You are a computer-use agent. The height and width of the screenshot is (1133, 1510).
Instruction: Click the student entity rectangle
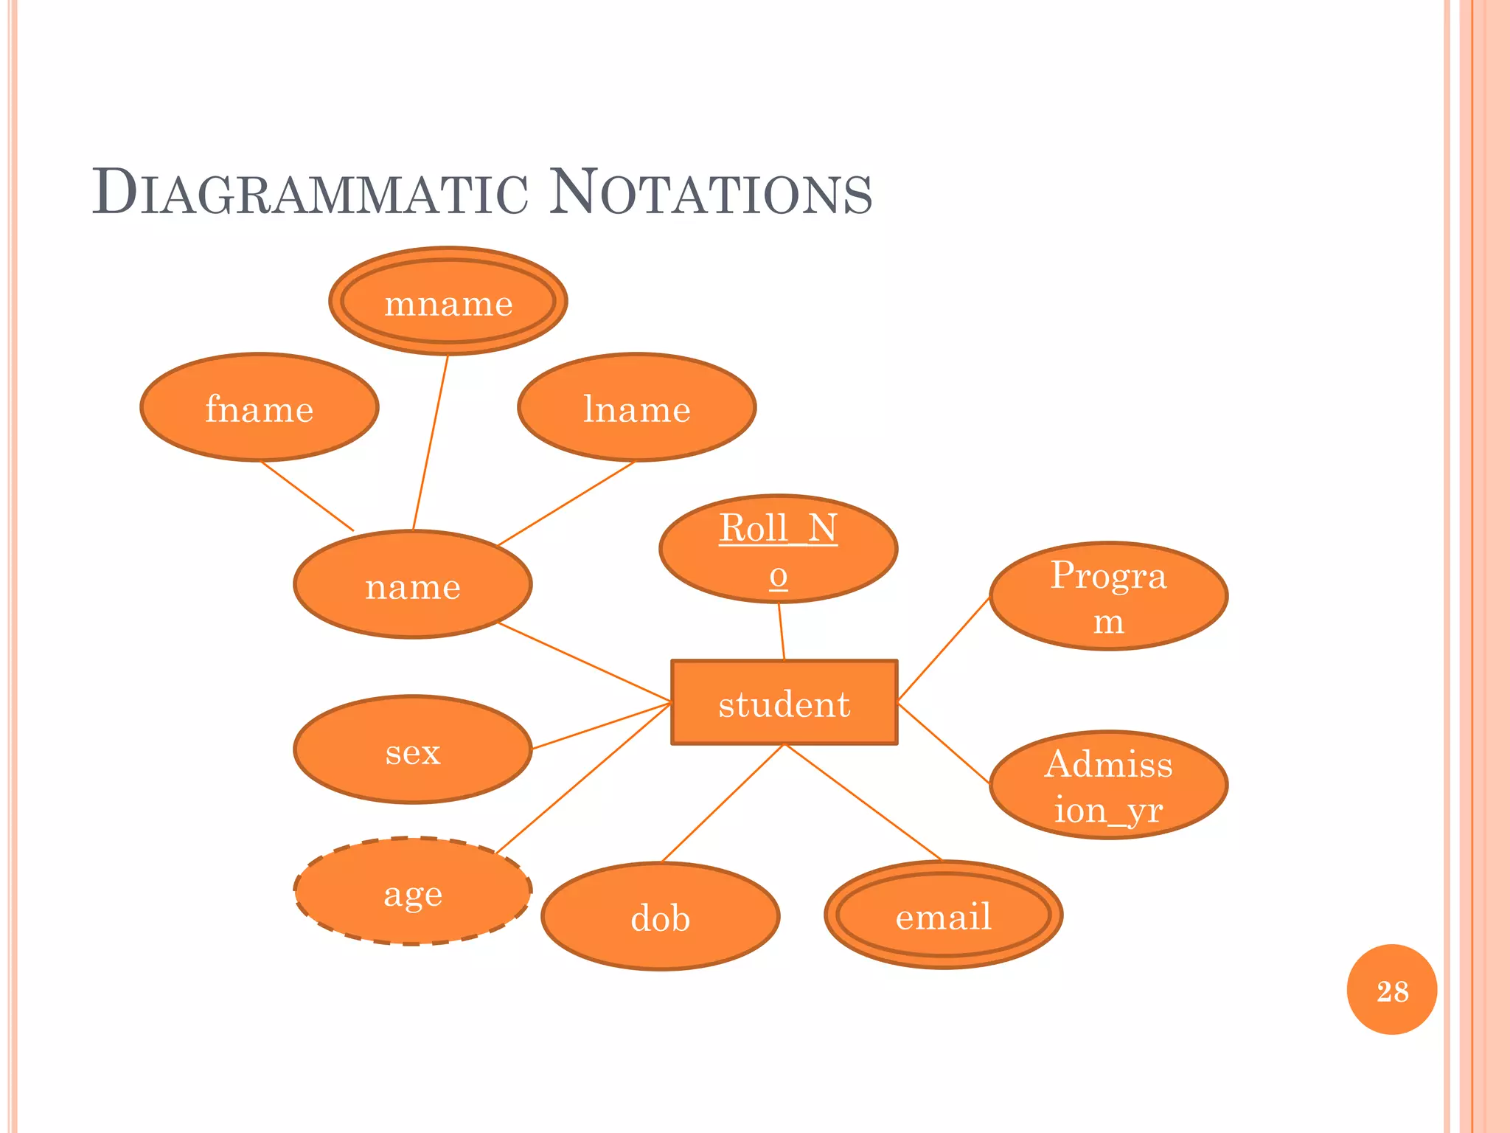[784, 702]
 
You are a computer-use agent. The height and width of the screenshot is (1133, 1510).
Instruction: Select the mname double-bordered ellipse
[448, 302]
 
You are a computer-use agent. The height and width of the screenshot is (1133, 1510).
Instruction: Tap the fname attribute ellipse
[260, 408]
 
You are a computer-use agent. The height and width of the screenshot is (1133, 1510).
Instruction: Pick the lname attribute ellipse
[637, 408]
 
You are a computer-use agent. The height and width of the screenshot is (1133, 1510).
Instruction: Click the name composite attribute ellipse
[413, 585]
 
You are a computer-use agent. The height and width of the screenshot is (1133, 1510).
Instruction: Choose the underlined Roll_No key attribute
[779, 549]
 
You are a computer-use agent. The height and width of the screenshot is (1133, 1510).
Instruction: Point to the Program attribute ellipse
[1108, 596]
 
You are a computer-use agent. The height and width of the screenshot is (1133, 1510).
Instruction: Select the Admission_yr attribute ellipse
[1108, 785]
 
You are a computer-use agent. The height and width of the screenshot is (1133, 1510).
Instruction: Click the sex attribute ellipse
[413, 750]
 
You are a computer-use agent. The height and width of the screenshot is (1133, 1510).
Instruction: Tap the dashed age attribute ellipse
[413, 892]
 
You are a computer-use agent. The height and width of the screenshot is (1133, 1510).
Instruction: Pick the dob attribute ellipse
[661, 917]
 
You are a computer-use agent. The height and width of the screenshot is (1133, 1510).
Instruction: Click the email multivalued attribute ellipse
[943, 915]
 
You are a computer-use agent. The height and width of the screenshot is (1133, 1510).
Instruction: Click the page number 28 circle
[1391, 990]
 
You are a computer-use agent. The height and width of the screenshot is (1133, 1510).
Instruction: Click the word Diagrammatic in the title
[310, 193]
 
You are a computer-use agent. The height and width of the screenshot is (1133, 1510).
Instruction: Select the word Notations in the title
[711, 193]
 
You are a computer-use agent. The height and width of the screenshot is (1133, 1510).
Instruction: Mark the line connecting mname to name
[431, 443]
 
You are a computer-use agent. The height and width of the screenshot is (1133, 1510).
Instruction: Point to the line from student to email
[863, 803]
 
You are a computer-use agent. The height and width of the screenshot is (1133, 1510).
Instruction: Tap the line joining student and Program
[944, 648]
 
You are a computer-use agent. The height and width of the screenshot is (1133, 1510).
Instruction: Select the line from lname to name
[566, 504]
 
